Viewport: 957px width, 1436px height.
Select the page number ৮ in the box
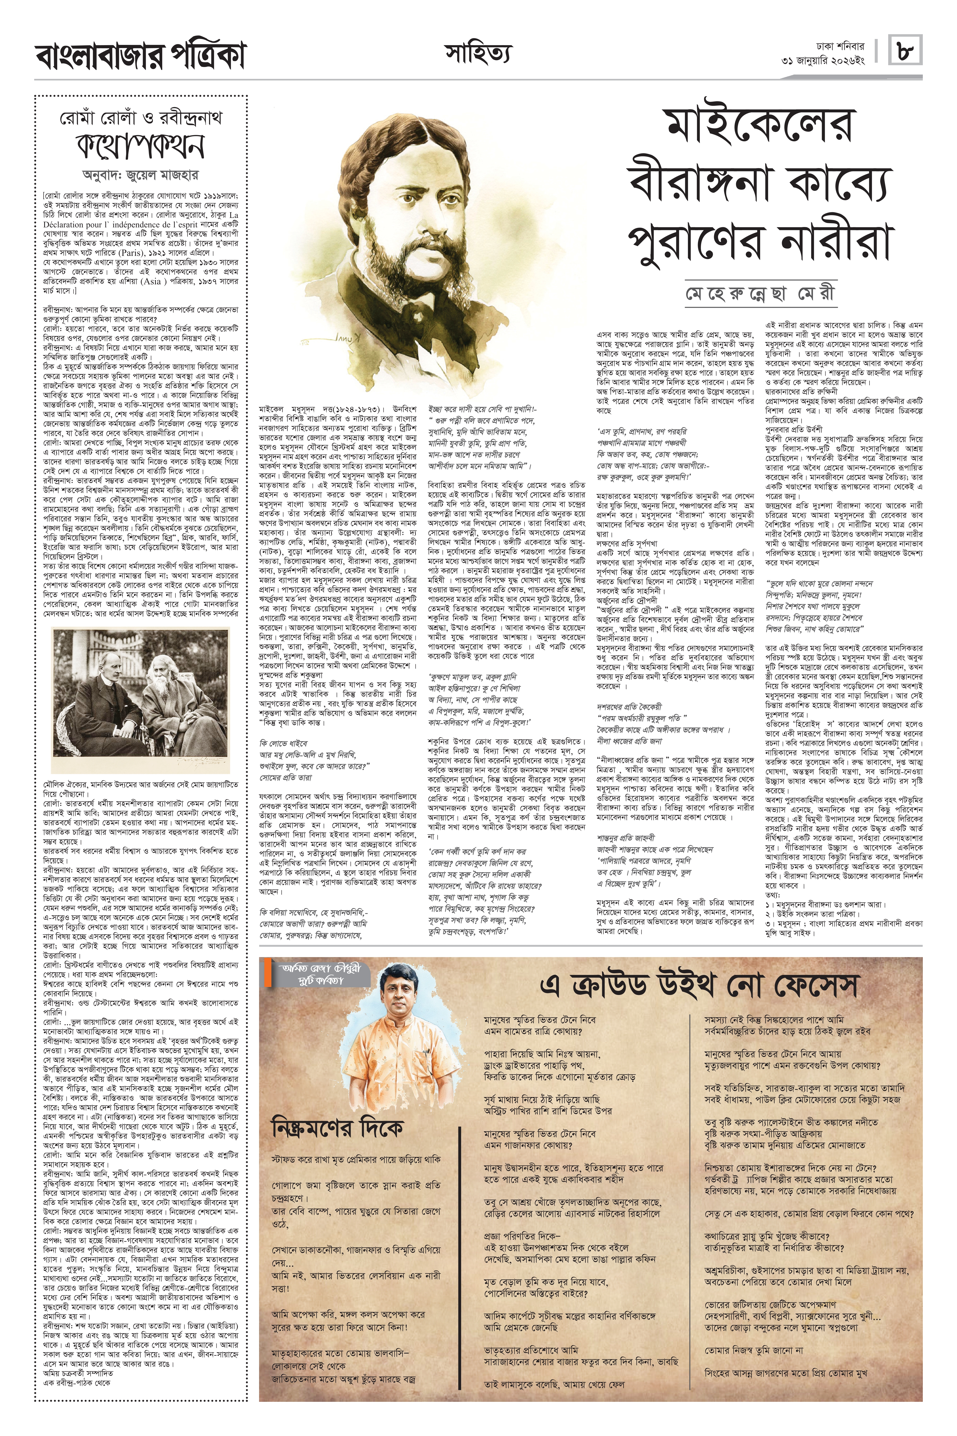906,50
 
